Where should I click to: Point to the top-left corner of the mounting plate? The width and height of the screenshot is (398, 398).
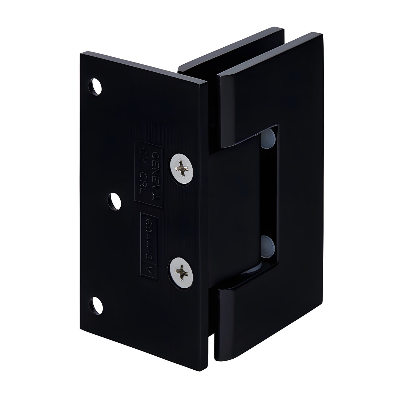coord(80,53)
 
